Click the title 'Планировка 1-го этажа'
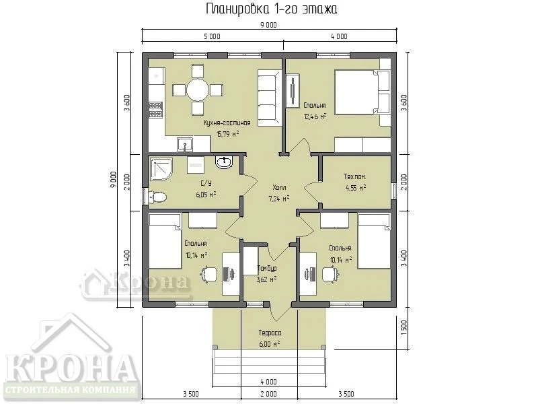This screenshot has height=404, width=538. point(271,9)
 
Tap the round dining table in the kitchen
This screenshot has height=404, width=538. point(198,90)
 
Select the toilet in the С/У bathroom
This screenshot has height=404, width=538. point(157,197)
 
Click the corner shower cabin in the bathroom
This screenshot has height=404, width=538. point(161,168)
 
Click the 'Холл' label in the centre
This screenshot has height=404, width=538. point(279,187)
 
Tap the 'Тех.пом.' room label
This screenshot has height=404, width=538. point(355,176)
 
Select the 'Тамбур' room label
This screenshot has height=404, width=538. point(266,268)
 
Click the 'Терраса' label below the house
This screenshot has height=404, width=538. point(270,333)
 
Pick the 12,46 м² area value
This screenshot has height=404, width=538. point(315,116)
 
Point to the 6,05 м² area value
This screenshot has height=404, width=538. point(206,195)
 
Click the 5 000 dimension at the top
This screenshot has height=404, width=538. point(212,36)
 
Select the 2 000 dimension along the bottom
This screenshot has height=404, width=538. point(268,394)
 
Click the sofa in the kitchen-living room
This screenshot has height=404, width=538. point(270,97)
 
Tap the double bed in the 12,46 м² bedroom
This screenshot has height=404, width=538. point(362,92)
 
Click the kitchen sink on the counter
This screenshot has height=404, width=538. point(186,144)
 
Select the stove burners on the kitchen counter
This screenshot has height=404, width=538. point(155,110)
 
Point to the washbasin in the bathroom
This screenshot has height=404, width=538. point(225,162)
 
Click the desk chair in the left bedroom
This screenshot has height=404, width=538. point(209,275)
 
